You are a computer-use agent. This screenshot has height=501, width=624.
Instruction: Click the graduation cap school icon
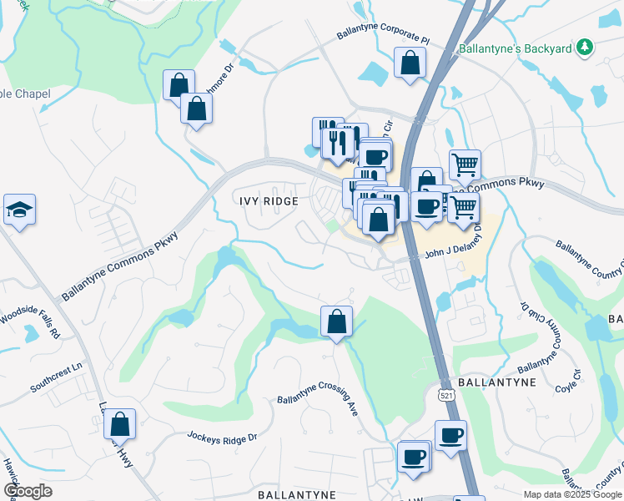coord(19,210)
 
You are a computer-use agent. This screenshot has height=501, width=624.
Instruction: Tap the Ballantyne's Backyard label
coord(516,48)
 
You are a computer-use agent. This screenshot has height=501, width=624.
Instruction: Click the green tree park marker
coord(586,48)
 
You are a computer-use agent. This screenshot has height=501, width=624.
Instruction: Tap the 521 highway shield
coord(448,393)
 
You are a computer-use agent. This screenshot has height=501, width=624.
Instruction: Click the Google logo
coord(28,491)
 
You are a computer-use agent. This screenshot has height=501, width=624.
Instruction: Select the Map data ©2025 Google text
coord(572,494)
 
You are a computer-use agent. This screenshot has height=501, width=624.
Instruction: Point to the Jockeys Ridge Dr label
coord(223,436)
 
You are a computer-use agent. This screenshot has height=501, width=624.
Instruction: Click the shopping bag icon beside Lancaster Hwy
coord(119,424)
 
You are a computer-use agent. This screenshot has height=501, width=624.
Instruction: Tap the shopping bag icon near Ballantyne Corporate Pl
coord(410,63)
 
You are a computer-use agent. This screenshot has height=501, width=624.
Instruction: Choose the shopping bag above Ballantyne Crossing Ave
coord(336,321)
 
